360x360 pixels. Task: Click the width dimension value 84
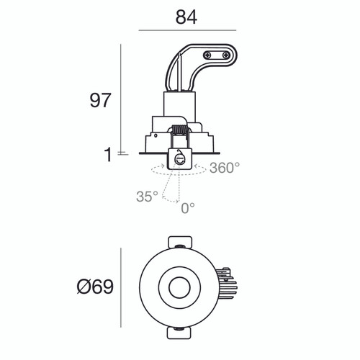coord(186,16)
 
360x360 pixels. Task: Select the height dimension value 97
coord(100,100)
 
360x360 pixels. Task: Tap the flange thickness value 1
coord(108,154)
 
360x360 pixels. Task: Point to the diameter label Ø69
coord(95,287)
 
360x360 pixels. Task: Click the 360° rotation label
coord(225,168)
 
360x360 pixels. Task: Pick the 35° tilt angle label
coord(146,195)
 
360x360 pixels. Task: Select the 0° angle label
coord(187,208)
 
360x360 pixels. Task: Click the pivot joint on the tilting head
coord(180,161)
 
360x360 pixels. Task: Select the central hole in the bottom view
coord(178,287)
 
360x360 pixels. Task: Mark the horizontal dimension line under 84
coord(186,30)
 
